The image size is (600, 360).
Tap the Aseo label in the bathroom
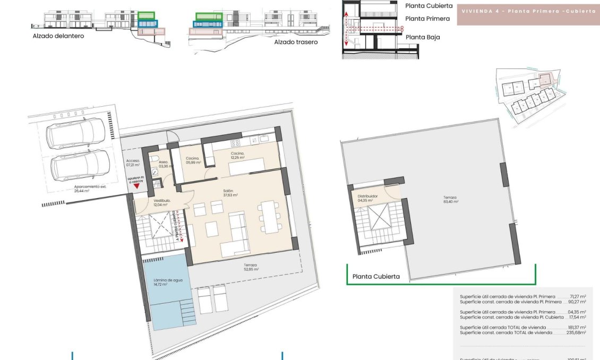click(x=163, y=164)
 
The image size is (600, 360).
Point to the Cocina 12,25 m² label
click(x=237, y=156)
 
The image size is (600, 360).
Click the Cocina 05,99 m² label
click(x=193, y=160)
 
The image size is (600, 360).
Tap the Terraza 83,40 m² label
click(x=450, y=200)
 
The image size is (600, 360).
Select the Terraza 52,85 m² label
click(x=251, y=267)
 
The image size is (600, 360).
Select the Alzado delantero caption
click(x=58, y=36)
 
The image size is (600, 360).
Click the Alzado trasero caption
click(x=296, y=42)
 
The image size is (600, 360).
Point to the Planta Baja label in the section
click(x=423, y=37)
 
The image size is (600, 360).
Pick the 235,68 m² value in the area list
click(x=576, y=332)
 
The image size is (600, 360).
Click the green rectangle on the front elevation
click(x=145, y=16)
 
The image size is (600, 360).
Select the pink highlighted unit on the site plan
click(x=545, y=80)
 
